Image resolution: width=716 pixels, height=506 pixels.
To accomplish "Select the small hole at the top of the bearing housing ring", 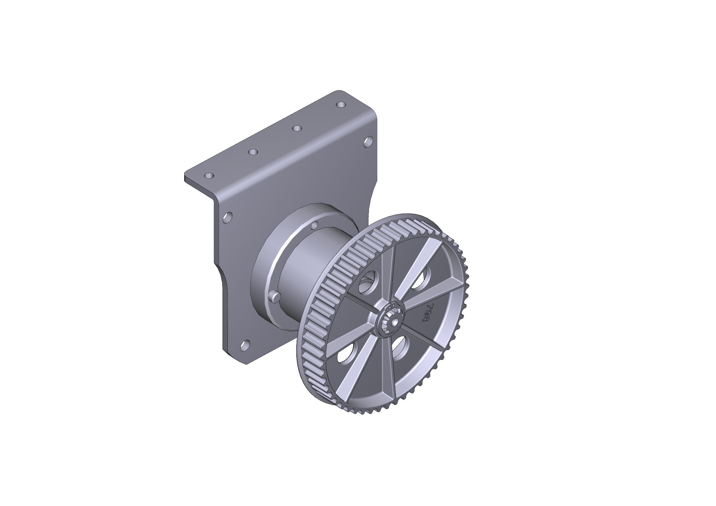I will (314, 225).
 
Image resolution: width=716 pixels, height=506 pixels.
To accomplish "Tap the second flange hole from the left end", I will (253, 152).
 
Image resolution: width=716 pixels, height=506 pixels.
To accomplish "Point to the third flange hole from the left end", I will (297, 128).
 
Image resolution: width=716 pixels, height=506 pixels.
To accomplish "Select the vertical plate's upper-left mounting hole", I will (228, 217).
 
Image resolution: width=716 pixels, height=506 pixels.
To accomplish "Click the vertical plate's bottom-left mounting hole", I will (246, 345).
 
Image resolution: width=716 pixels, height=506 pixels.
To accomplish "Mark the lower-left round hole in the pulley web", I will (347, 353).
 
